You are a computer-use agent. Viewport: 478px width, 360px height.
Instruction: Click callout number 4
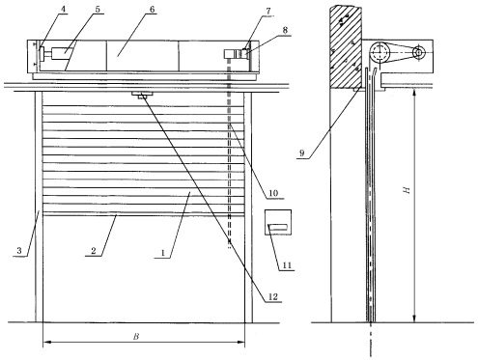(63, 9)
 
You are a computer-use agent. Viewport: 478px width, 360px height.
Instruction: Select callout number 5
(98, 9)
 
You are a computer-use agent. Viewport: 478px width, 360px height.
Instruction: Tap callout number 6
(152, 9)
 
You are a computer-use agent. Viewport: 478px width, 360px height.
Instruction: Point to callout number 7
(268, 11)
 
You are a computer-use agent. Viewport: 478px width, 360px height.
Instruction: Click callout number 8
(285, 30)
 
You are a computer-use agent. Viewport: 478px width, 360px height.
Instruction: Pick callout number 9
(301, 153)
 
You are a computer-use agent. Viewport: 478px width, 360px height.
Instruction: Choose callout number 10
(273, 193)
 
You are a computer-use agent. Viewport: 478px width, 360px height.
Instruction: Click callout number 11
(287, 265)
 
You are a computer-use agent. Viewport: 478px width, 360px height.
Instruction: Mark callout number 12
(272, 296)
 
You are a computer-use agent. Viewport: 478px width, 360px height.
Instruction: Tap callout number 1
(163, 253)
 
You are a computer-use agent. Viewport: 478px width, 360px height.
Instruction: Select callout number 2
(94, 251)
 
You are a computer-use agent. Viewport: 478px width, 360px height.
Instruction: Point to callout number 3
(19, 251)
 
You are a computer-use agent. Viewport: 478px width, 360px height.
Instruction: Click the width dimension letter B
(136, 337)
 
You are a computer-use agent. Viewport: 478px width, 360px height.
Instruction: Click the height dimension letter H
(407, 190)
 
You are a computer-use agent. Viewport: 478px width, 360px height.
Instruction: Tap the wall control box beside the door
(278, 222)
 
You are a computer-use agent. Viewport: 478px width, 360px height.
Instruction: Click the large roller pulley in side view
(380, 51)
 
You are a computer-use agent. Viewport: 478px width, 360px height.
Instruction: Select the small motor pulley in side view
(418, 52)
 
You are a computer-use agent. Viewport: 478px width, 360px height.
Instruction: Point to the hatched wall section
(346, 47)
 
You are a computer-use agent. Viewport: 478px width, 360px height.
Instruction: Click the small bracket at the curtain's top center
(142, 95)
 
